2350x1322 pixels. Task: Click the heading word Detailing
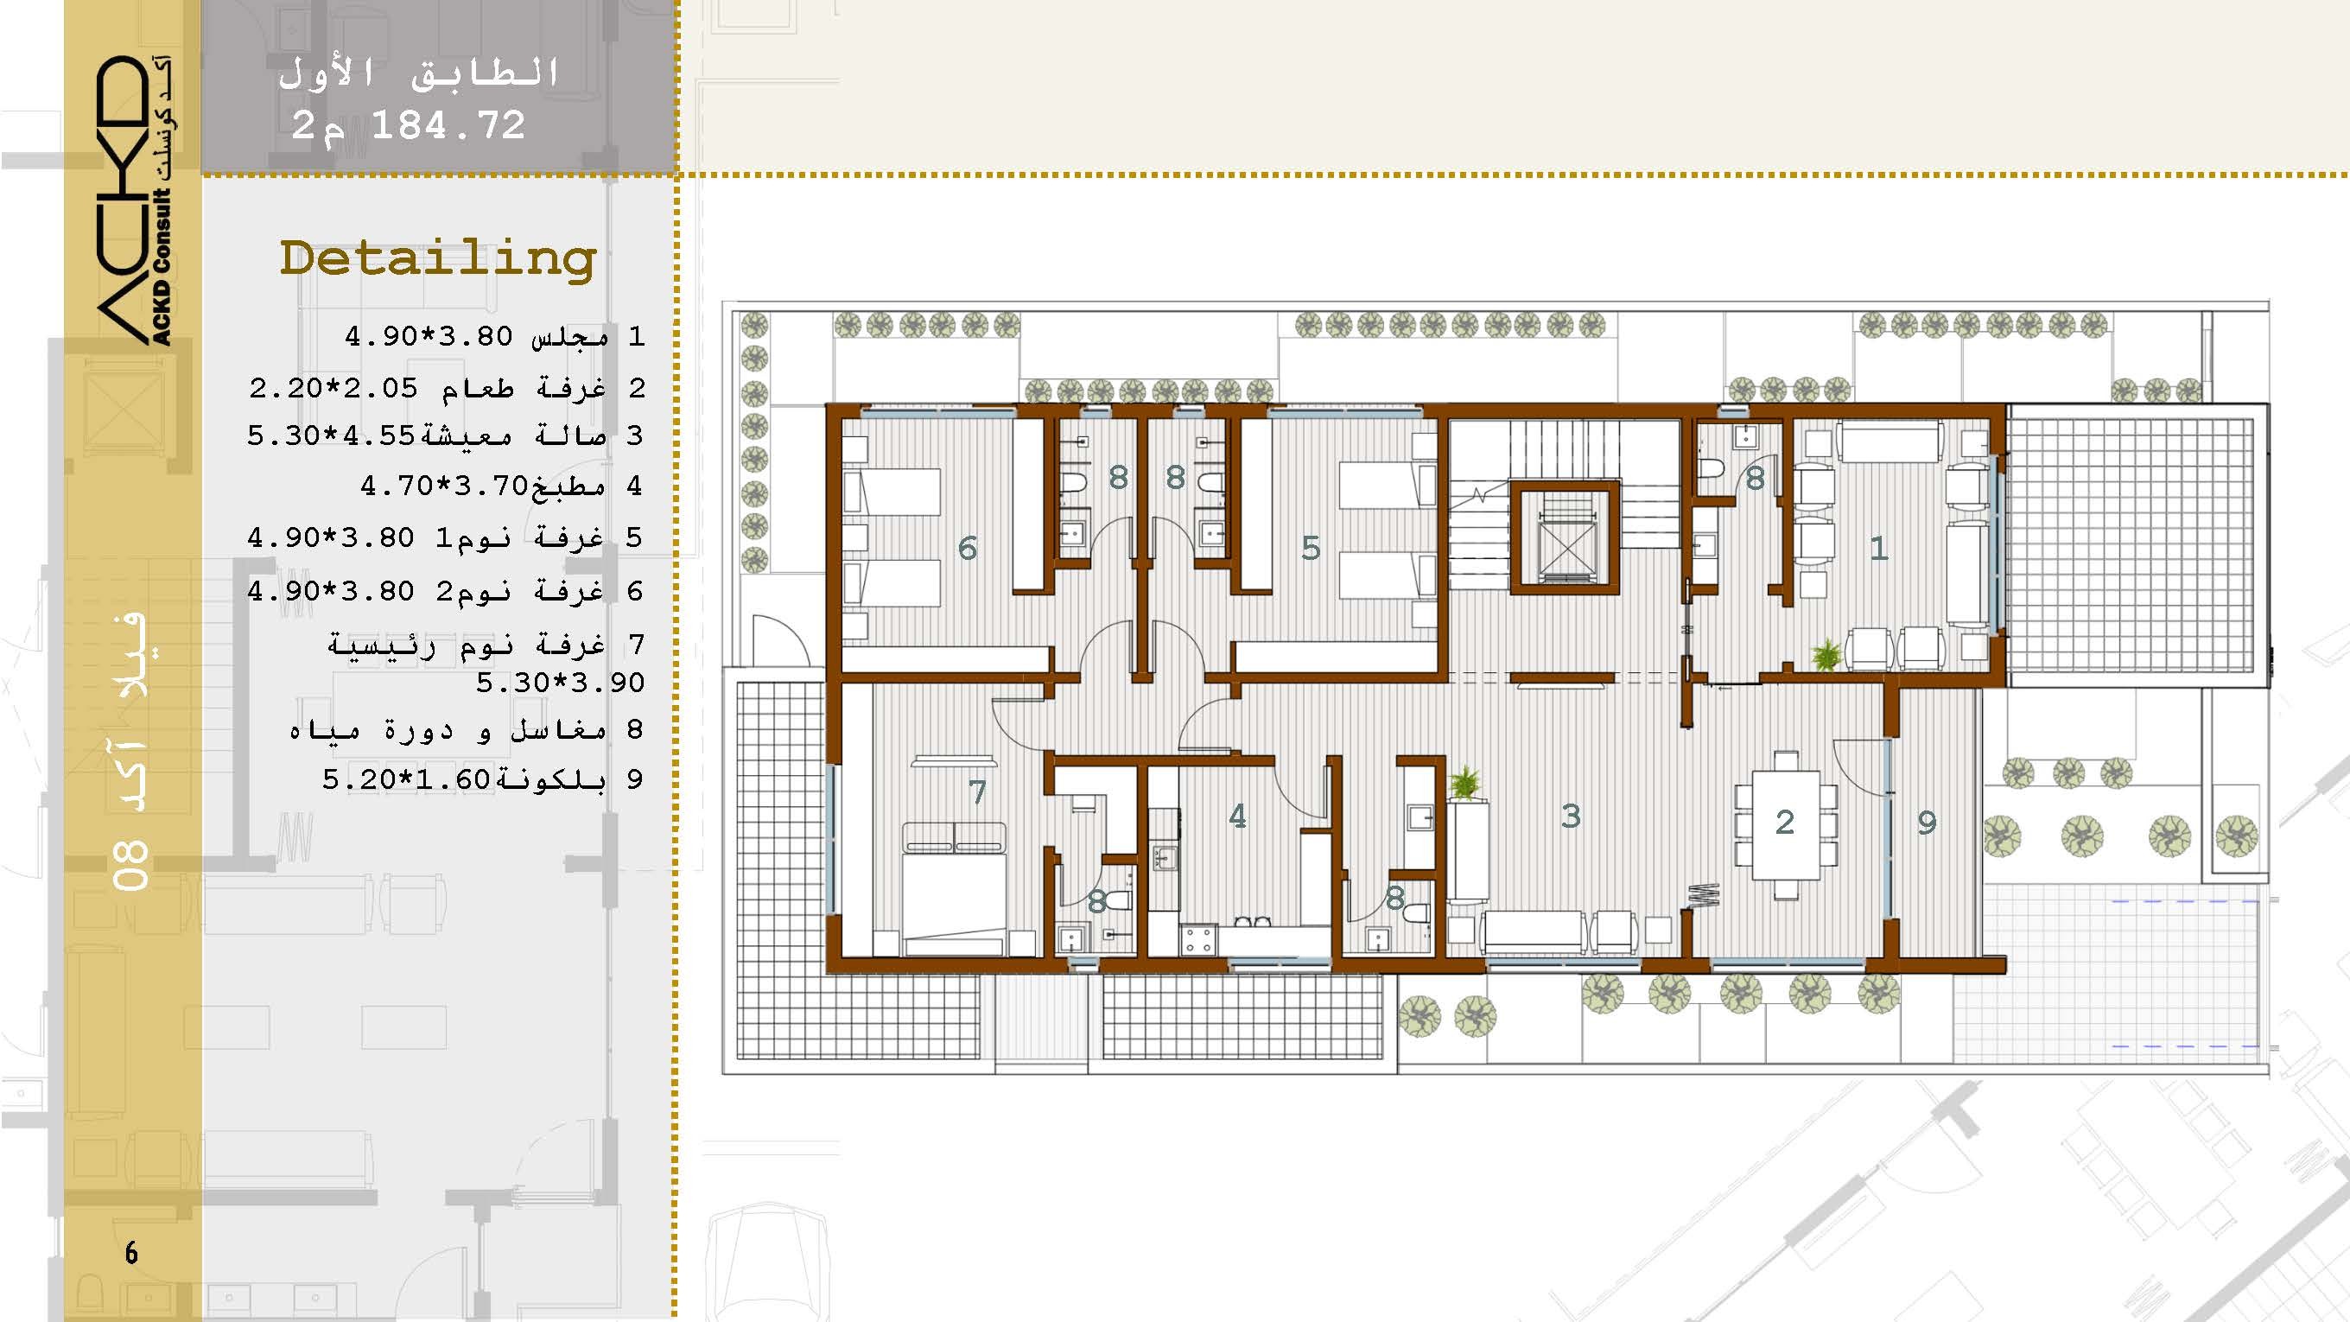pyautogui.click(x=438, y=260)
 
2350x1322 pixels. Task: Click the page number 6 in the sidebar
pyautogui.click(x=131, y=1253)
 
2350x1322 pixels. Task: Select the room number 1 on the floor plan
pyautogui.click(x=1878, y=548)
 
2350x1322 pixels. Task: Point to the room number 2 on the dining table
pyautogui.click(x=1785, y=822)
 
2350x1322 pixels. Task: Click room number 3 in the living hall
pyautogui.click(x=1570, y=816)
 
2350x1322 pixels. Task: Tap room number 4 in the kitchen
pyautogui.click(x=1237, y=816)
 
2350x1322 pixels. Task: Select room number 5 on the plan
pyautogui.click(x=1311, y=548)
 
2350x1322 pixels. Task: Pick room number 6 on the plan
pyautogui.click(x=967, y=548)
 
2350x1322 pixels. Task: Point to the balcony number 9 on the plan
pyautogui.click(x=1927, y=823)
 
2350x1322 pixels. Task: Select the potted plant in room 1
pyautogui.click(x=1826, y=655)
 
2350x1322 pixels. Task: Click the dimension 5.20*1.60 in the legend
pyautogui.click(x=407, y=780)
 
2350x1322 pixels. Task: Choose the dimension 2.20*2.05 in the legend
pyautogui.click(x=333, y=389)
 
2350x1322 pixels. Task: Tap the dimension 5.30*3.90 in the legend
pyautogui.click(x=560, y=683)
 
